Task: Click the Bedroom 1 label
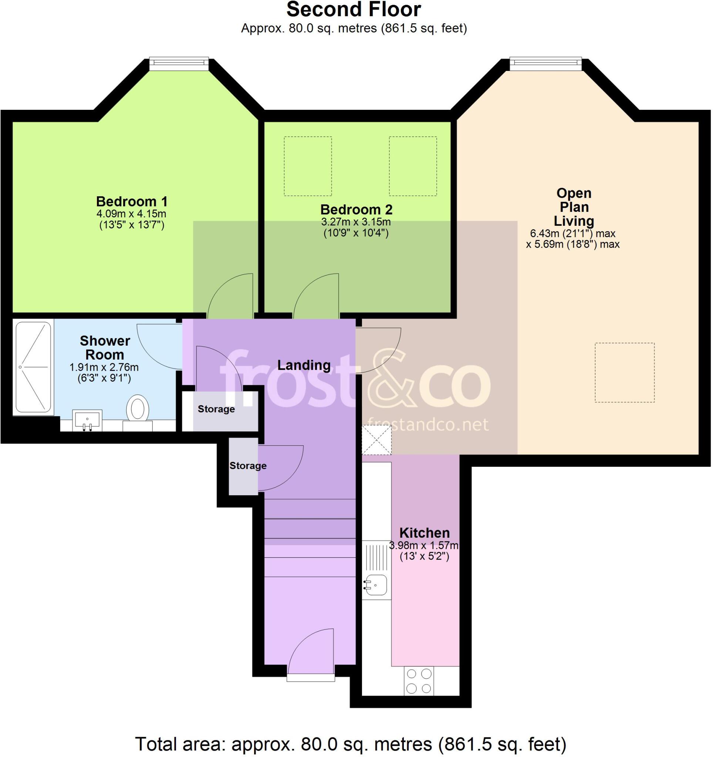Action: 131,201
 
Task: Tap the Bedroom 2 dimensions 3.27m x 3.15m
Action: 356,222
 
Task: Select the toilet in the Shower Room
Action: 138,408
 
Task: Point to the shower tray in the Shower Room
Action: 34,367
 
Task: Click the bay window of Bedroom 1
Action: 179,64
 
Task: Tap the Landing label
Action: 304,365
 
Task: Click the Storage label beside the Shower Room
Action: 216,409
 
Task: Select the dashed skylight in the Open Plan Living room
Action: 625,373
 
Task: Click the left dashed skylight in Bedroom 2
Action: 307,166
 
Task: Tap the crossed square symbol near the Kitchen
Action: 376,440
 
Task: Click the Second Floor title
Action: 354,10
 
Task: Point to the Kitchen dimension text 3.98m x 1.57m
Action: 423,546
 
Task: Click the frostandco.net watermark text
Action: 428,424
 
